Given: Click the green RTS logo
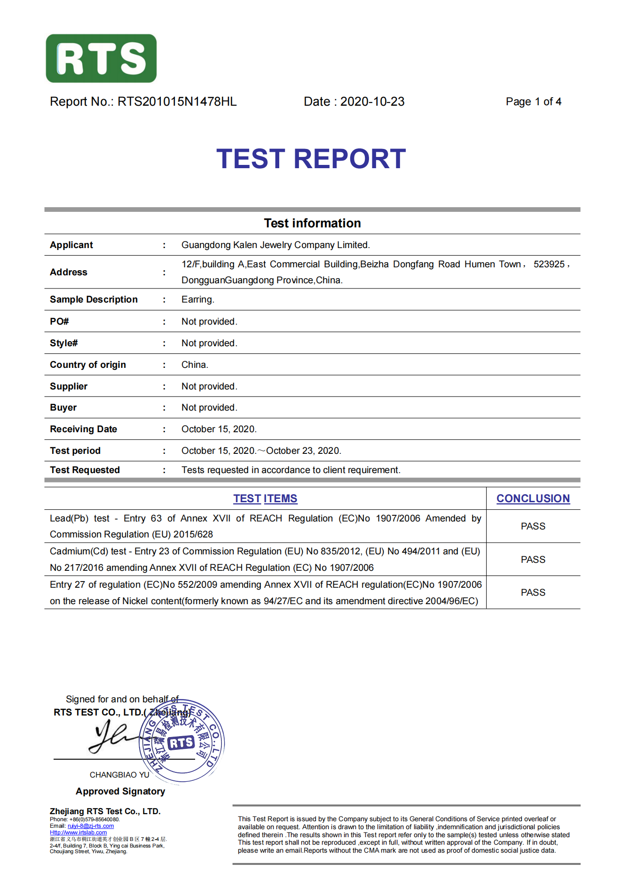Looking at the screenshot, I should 101,58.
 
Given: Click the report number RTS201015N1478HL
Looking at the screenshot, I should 177,101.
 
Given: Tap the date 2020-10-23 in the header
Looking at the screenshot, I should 372,101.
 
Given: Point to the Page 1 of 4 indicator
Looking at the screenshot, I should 533,101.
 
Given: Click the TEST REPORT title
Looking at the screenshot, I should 311,159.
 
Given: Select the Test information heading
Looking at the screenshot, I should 312,223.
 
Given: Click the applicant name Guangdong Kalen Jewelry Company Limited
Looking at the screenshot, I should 276,245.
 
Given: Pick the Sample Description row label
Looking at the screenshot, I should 94,299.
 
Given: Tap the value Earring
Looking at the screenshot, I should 197,299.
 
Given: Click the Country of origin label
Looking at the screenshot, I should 88,365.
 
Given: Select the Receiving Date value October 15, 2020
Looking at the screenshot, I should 219,429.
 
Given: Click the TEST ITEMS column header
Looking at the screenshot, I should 265,498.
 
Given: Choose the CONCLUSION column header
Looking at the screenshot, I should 533,498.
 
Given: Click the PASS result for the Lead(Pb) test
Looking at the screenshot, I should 533,526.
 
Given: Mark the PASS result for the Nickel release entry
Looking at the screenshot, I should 533,592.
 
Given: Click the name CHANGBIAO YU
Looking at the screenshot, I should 119,775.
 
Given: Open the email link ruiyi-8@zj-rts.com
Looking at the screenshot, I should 91,826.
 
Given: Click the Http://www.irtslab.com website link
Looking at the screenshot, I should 78,832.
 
